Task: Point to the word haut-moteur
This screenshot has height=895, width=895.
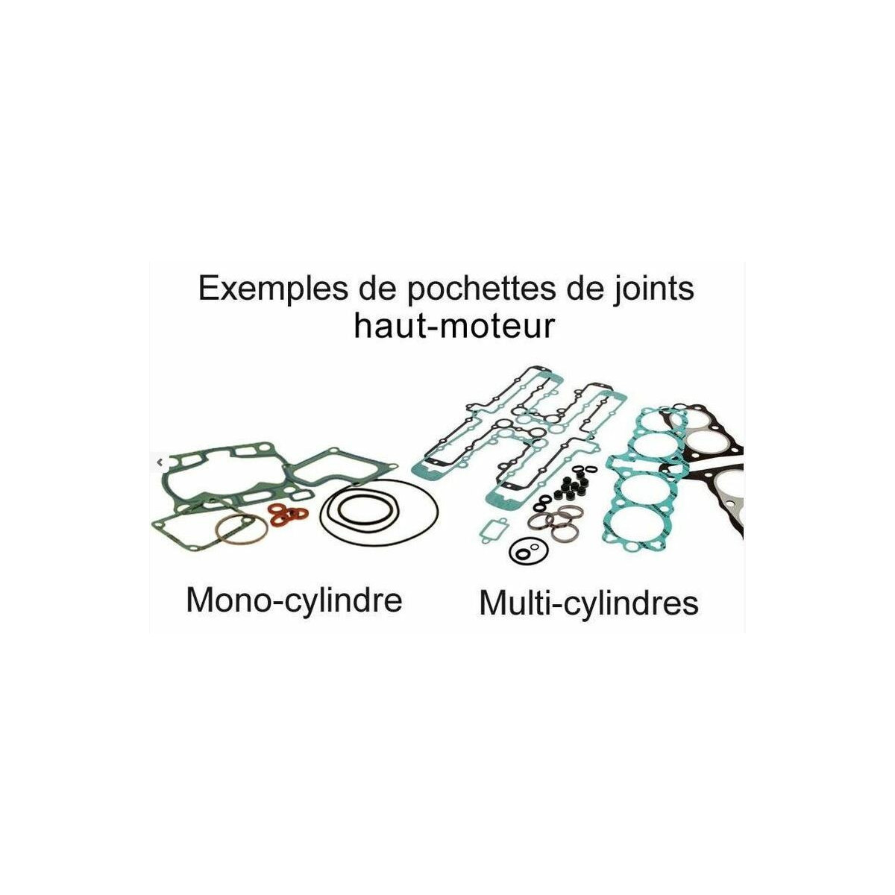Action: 453,326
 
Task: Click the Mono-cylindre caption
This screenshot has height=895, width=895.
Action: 294,601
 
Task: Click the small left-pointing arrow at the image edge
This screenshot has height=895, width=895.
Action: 160,462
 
